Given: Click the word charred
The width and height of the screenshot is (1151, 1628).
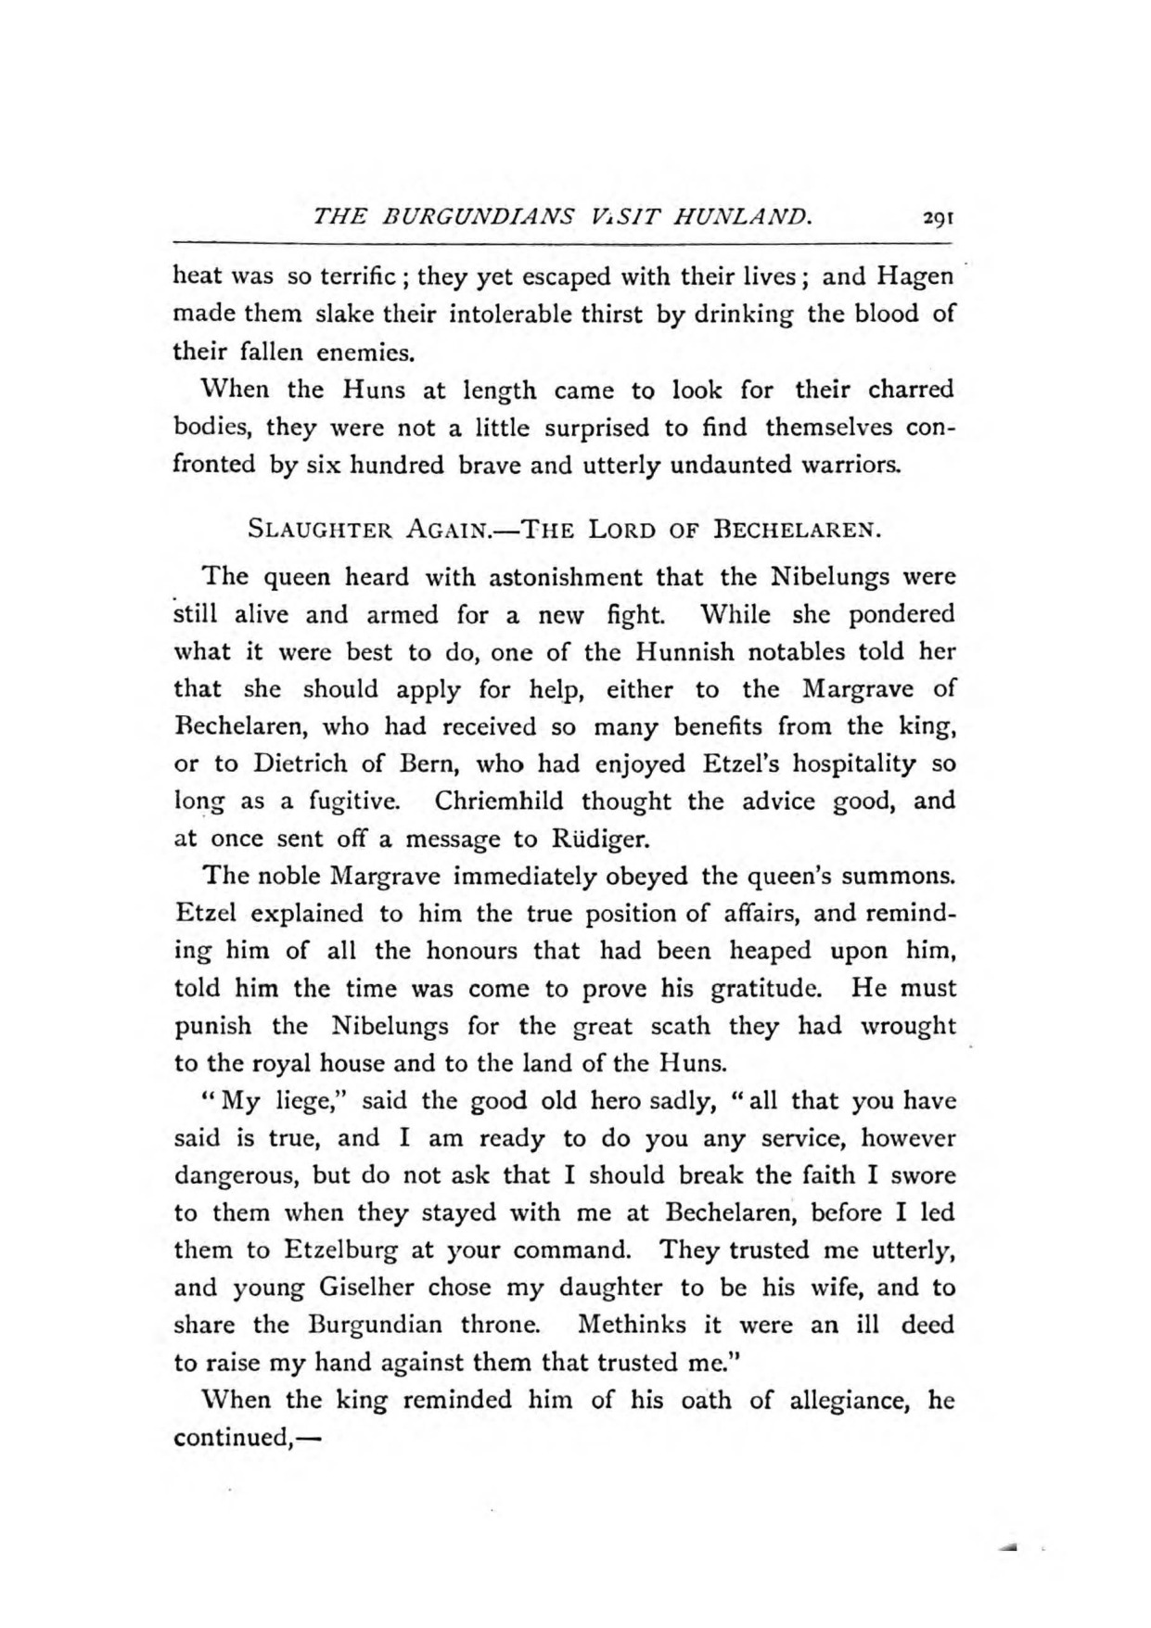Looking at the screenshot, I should pos(911,389).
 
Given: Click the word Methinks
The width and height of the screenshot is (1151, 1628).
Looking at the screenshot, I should pos(632,1325).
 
